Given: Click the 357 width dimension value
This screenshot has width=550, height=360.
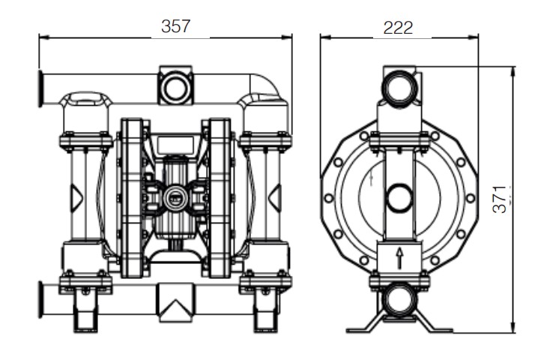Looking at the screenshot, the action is (x=175, y=26).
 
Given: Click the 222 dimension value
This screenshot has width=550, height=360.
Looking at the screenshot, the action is (x=398, y=28).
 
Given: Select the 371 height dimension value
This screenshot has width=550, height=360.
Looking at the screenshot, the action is (x=500, y=199).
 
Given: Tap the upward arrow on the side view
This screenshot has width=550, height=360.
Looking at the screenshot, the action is (x=399, y=258).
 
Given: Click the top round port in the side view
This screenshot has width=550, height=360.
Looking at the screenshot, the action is (x=399, y=87).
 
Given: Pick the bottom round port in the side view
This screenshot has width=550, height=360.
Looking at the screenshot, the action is (x=399, y=299).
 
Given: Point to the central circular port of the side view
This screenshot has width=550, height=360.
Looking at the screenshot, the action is (x=399, y=198).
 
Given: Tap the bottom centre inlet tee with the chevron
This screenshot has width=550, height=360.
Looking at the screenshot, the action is (x=176, y=302).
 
